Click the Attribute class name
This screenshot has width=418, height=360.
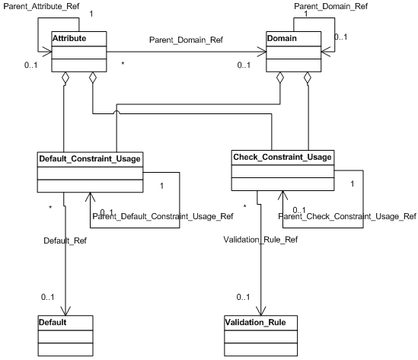69,37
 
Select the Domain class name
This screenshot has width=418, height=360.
282,37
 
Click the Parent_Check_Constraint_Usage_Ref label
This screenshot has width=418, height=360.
347,216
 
